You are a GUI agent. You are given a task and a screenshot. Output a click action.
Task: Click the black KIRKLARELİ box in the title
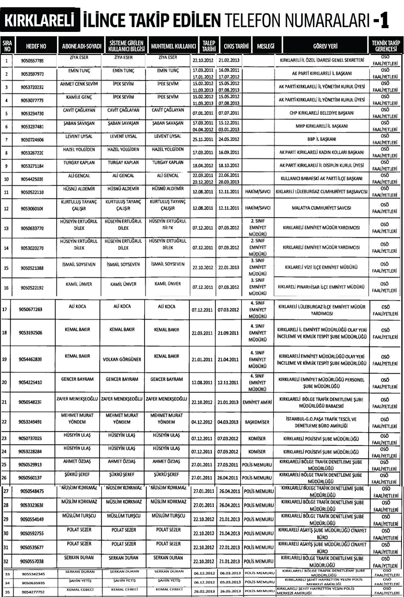pyautogui.click(x=40, y=20)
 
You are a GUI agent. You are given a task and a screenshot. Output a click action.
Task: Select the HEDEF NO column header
pyautogui.click(x=36, y=46)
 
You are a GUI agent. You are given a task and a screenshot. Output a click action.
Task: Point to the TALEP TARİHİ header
pyautogui.click(x=208, y=46)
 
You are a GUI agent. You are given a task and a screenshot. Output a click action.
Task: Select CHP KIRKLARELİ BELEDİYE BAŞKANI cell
pyautogui.click(x=321, y=113)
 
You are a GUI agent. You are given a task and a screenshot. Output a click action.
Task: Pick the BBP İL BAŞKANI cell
pyautogui.click(x=321, y=139)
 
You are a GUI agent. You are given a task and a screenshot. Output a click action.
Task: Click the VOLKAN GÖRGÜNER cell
pyautogui.click(x=122, y=359)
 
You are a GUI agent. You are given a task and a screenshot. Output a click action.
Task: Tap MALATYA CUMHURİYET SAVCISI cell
pyautogui.click(x=321, y=208)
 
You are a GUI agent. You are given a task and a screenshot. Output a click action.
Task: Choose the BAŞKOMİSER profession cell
pyautogui.click(x=257, y=422)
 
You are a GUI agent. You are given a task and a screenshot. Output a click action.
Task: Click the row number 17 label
pyautogui.click(x=5, y=309)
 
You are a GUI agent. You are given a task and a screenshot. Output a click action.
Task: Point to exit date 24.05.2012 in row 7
pyautogui.click(x=229, y=139)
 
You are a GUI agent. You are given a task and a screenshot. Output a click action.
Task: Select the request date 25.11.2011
pyautogui.click(x=203, y=139)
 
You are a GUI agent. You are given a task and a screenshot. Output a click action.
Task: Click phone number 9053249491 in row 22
pyautogui.click(x=31, y=422)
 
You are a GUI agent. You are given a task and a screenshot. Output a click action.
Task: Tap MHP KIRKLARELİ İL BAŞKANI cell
pyautogui.click(x=321, y=126)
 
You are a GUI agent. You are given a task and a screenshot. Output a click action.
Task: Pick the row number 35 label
pyautogui.click(x=7, y=591)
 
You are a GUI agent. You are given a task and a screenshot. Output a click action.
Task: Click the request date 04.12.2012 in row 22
pyautogui.click(x=202, y=422)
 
